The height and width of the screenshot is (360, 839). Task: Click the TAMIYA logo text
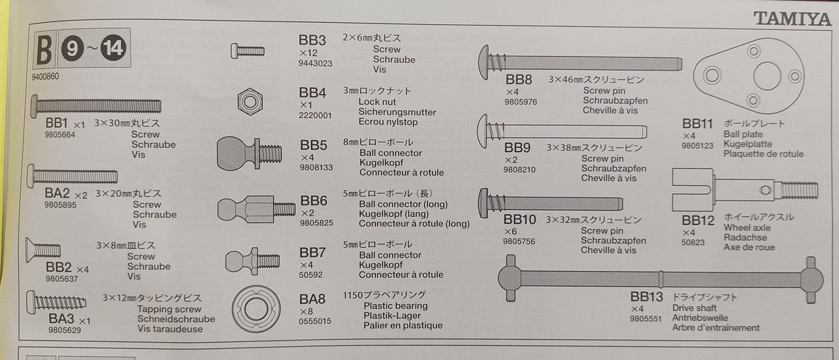click(x=791, y=19)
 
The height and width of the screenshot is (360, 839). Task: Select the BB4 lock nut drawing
click(x=249, y=102)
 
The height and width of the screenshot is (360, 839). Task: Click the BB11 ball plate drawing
click(x=747, y=76)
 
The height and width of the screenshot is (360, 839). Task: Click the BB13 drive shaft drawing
click(x=660, y=278)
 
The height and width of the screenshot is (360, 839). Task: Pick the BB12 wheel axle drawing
click(x=744, y=190)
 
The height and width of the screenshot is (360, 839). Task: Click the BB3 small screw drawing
click(x=248, y=50)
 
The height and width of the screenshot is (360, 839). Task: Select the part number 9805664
click(x=60, y=135)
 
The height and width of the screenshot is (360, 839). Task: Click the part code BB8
click(x=519, y=80)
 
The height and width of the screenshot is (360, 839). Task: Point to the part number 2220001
click(x=315, y=115)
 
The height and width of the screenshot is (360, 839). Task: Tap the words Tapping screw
click(x=169, y=310)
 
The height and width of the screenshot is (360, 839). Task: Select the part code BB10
click(x=521, y=220)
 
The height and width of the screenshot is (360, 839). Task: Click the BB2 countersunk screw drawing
click(x=44, y=250)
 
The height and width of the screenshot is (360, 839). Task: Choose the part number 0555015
click(x=315, y=321)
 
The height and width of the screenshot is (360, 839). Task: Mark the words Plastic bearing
click(x=395, y=305)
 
